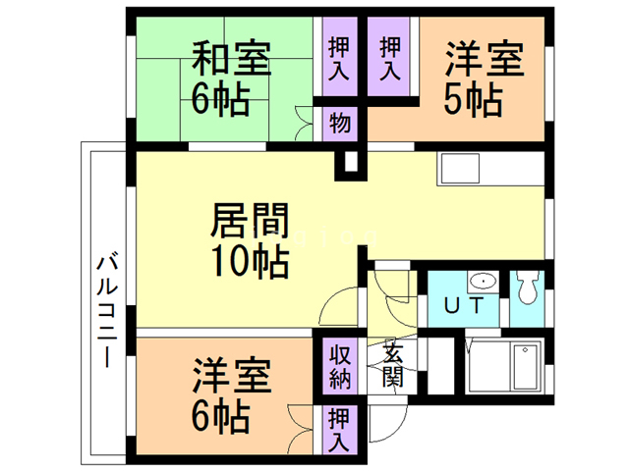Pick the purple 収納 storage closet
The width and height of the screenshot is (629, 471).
point(338,365)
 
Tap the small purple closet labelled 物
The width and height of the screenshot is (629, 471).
point(339,124)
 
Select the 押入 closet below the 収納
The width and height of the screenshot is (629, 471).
point(338,429)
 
